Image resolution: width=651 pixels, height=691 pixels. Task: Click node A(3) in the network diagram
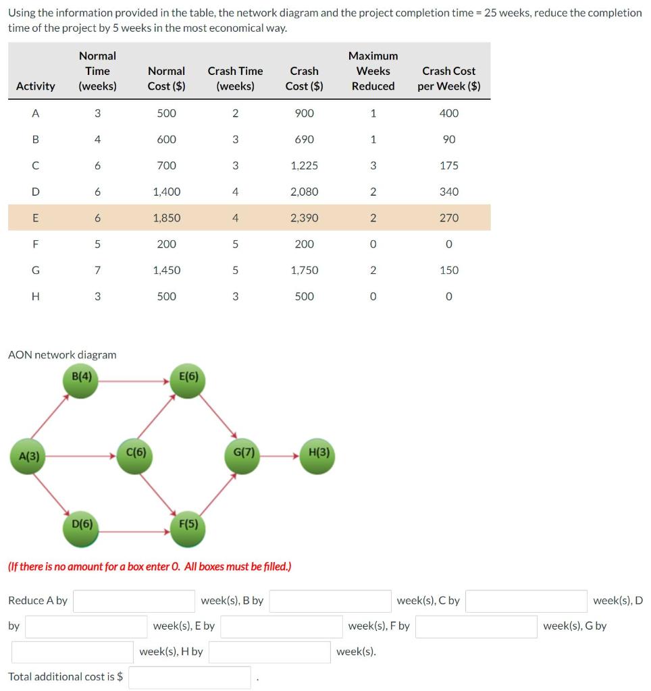[x=29, y=457]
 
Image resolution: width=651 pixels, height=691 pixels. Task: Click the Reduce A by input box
[x=134, y=601]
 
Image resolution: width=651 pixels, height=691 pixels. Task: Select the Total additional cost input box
[x=189, y=677]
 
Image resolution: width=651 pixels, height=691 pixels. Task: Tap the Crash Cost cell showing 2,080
[x=304, y=192]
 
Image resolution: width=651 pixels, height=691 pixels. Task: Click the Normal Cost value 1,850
[x=167, y=218]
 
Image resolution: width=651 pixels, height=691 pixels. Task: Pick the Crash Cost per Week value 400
[x=448, y=113]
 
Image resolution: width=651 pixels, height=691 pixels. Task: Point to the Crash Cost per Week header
[x=448, y=78]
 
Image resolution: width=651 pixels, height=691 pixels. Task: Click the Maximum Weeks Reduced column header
[x=373, y=71]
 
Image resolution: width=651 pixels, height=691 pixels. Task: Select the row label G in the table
[x=36, y=270]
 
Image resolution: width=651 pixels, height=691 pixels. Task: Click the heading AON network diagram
[x=62, y=354]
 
